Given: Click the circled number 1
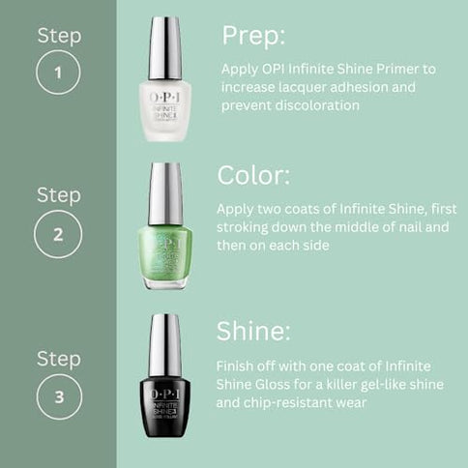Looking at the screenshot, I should [x=58, y=73].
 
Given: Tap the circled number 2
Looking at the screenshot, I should [x=58, y=233].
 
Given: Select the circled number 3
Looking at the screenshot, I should [x=58, y=397].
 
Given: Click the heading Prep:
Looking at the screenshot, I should [x=254, y=36].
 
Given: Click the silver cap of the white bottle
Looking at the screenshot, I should [x=164, y=46].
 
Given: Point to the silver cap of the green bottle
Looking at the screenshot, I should [x=164, y=192].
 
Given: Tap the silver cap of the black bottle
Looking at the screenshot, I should [x=164, y=343].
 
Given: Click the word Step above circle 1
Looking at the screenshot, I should [x=58, y=36].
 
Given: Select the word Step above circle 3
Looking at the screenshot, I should [x=58, y=359].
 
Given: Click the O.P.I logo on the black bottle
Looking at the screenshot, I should [x=164, y=388].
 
